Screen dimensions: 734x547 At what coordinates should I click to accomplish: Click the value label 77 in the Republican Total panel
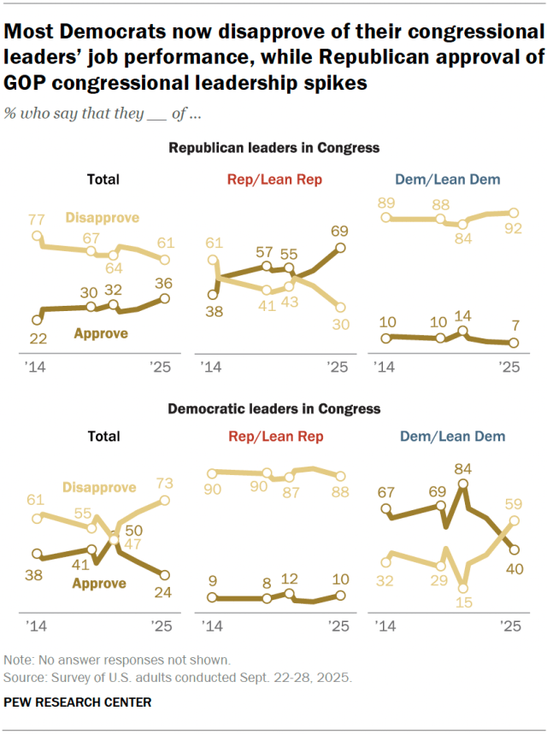coord(36,219)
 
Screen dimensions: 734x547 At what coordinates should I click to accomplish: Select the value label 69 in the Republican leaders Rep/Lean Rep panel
coord(339,232)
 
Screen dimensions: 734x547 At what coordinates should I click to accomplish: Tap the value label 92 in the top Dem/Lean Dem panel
coord(514,229)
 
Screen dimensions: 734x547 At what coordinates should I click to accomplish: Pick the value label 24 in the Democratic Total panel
coord(165,591)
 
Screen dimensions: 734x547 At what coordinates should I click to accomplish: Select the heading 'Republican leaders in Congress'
coord(273,148)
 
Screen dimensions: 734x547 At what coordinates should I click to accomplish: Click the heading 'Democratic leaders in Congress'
coord(273,409)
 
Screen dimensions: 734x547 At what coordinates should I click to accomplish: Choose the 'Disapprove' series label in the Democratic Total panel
coord(99,487)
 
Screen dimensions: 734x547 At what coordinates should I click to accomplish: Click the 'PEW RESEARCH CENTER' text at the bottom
coord(78,702)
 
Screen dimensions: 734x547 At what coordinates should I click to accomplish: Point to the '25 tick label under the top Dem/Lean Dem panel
coord(509,367)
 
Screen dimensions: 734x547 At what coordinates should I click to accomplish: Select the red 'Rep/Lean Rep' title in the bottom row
coord(274,437)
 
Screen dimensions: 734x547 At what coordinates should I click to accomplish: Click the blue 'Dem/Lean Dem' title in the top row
coord(448,179)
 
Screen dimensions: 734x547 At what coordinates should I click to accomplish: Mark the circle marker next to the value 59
coord(515,520)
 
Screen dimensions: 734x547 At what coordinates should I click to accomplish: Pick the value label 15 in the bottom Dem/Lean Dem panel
coord(463,604)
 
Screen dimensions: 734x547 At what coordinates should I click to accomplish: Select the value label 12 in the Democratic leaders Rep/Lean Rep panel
coord(290,578)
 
